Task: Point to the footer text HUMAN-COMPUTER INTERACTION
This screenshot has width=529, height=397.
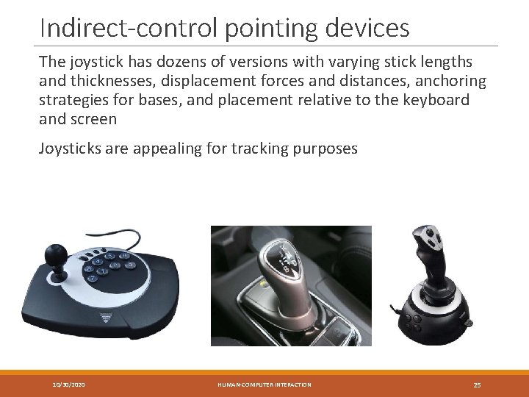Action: pyautogui.click(x=264, y=385)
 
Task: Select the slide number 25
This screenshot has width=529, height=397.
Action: pyautogui.click(x=477, y=385)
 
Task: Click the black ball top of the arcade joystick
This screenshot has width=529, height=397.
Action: pyautogui.click(x=55, y=255)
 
